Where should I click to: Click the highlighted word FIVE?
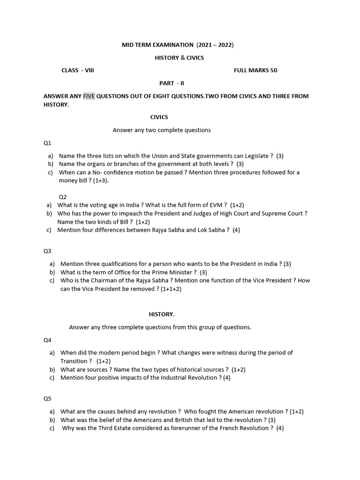(89, 96)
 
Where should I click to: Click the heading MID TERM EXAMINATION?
(157, 45)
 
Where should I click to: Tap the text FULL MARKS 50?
(255, 70)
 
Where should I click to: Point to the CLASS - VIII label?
(78, 70)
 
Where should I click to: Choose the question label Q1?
(47, 143)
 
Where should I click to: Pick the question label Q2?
(62, 197)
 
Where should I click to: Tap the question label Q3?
(47, 251)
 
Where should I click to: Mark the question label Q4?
(47, 340)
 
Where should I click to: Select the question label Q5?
(47, 398)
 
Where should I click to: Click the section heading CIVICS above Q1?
(159, 117)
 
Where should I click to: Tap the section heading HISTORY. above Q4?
(162, 315)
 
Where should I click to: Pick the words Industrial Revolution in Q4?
(189, 378)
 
